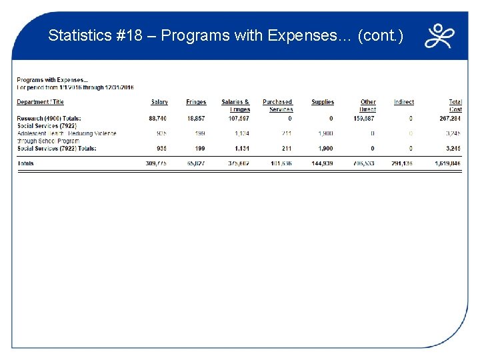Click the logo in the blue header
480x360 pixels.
click(440, 36)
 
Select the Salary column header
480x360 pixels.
click(159, 102)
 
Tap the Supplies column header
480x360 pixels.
click(323, 102)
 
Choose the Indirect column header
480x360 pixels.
click(403, 102)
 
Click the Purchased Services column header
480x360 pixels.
click(278, 105)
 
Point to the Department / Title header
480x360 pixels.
click(40, 102)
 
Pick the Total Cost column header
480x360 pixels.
click(455, 105)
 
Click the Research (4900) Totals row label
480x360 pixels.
click(49, 119)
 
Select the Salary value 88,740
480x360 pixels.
click(158, 119)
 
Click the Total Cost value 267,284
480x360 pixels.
click(450, 119)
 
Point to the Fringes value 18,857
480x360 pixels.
click(196, 119)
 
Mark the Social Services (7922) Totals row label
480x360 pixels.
click(56, 148)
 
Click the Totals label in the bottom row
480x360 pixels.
click(25, 163)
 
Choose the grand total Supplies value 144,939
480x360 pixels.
click(322, 163)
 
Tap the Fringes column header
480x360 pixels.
click(196, 102)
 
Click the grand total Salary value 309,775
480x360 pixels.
click(157, 163)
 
